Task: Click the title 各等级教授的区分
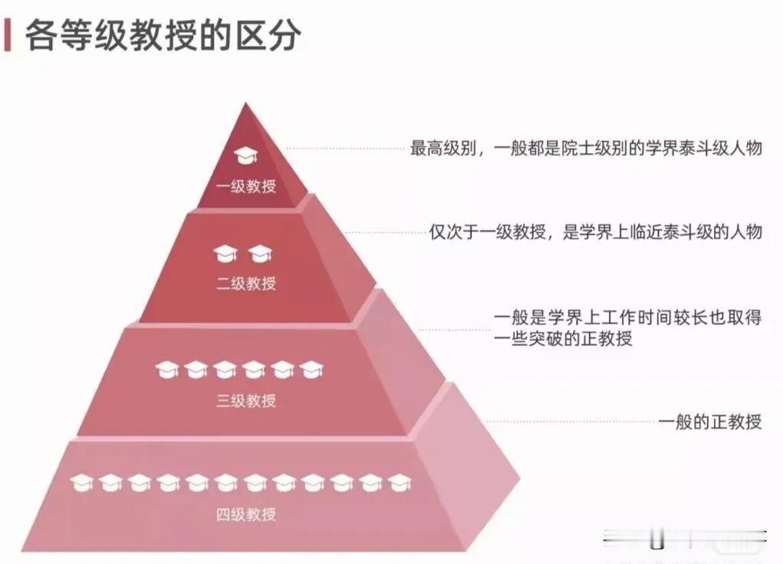coord(163,35)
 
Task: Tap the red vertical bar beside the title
coord(8,35)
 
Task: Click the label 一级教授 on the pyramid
coord(246,186)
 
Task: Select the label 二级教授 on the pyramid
coord(246,283)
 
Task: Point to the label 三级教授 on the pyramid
coord(246,400)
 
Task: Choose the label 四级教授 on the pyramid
coord(246,514)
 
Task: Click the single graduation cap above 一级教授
coord(245,155)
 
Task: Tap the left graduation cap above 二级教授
coord(225,254)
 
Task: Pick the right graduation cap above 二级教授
coord(261,254)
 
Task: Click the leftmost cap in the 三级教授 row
coord(166,370)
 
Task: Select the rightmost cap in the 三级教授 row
coord(311,370)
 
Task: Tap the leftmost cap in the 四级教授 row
coord(81,483)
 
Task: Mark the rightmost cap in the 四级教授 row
coord(400,483)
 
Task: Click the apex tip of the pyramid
coord(245,103)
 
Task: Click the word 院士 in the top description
coord(577,148)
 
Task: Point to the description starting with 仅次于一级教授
coord(596,232)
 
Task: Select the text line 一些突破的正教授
coord(563,338)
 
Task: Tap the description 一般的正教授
coord(709,421)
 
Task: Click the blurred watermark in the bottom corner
coord(684,539)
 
